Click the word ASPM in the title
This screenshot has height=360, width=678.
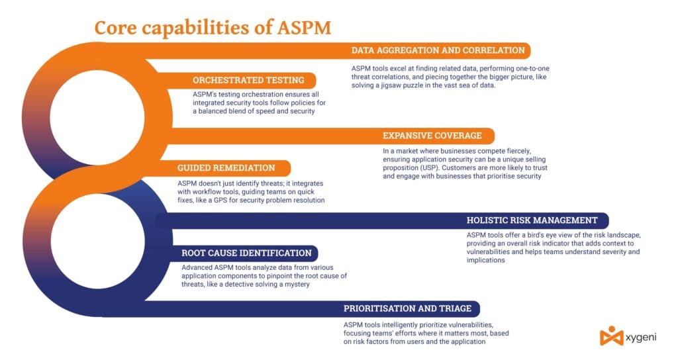pos(304,28)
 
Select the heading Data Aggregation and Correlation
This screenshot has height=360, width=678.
pos(438,50)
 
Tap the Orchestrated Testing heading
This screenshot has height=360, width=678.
pos(248,80)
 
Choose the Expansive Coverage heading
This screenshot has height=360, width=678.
pos(432,136)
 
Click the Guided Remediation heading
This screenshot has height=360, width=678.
pos(226,168)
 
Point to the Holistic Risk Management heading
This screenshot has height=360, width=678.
pos(532,220)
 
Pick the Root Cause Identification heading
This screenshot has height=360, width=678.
pos(246,253)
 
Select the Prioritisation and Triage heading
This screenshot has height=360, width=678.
pos(407,308)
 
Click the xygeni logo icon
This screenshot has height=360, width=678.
pos(611,336)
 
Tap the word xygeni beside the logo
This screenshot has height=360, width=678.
pos(641,337)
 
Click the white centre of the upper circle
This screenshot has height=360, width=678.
pos(97,118)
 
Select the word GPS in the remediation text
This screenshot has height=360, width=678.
pos(220,200)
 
